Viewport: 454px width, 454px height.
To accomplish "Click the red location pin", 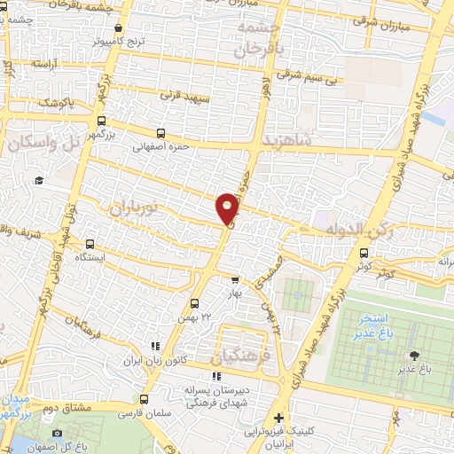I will coord(228,207).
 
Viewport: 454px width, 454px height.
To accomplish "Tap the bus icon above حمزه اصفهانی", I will coord(160,134).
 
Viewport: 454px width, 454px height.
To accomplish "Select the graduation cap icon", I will coord(39,181).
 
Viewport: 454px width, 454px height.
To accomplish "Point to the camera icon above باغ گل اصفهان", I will coord(58,433).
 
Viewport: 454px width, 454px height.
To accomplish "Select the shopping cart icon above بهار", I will coord(234,278).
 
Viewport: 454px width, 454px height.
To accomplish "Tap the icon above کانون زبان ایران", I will coord(155,346).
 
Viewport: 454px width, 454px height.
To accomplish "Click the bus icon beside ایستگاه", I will coord(90,243).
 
